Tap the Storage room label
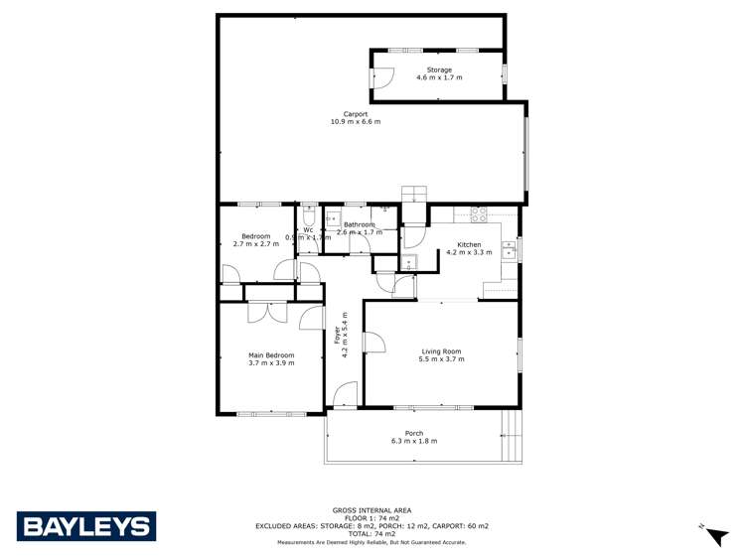[x=440, y=70]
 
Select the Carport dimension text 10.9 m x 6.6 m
[x=356, y=121]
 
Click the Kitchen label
[x=469, y=244]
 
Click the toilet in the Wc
[x=308, y=216]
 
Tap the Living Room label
[x=442, y=351]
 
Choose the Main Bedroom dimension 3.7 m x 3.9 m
[x=271, y=363]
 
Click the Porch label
[x=414, y=433]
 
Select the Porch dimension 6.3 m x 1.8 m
[x=414, y=441]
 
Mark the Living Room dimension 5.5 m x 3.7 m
[x=442, y=359]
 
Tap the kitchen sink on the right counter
[x=509, y=251]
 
